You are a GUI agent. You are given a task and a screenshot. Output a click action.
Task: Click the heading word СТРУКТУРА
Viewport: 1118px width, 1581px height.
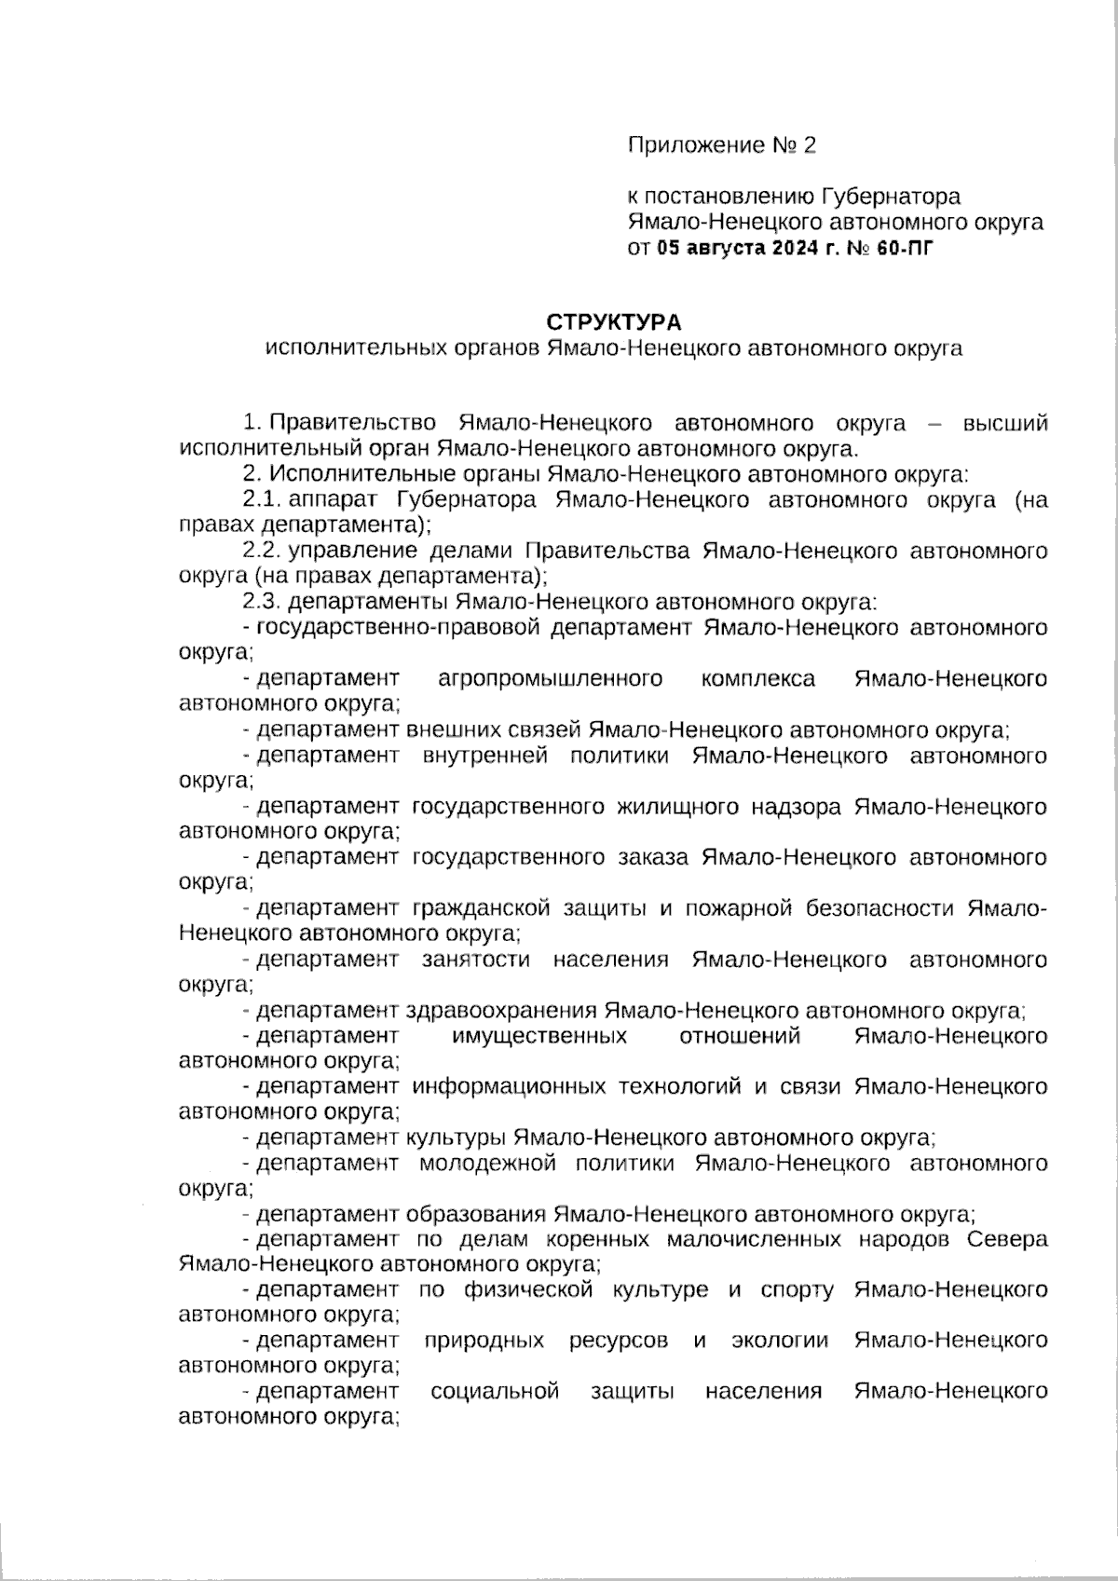pyautogui.click(x=613, y=322)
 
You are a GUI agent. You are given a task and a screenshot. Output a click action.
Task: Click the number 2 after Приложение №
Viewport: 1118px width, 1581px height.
pyautogui.click(x=809, y=145)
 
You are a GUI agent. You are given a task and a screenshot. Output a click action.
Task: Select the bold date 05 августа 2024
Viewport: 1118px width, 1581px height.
pyautogui.click(x=735, y=249)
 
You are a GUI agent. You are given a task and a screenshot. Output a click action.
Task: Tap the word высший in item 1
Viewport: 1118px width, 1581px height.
pyautogui.click(x=1004, y=424)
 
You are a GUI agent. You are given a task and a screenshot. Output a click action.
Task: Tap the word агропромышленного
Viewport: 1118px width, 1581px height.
pyautogui.click(x=550, y=679)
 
